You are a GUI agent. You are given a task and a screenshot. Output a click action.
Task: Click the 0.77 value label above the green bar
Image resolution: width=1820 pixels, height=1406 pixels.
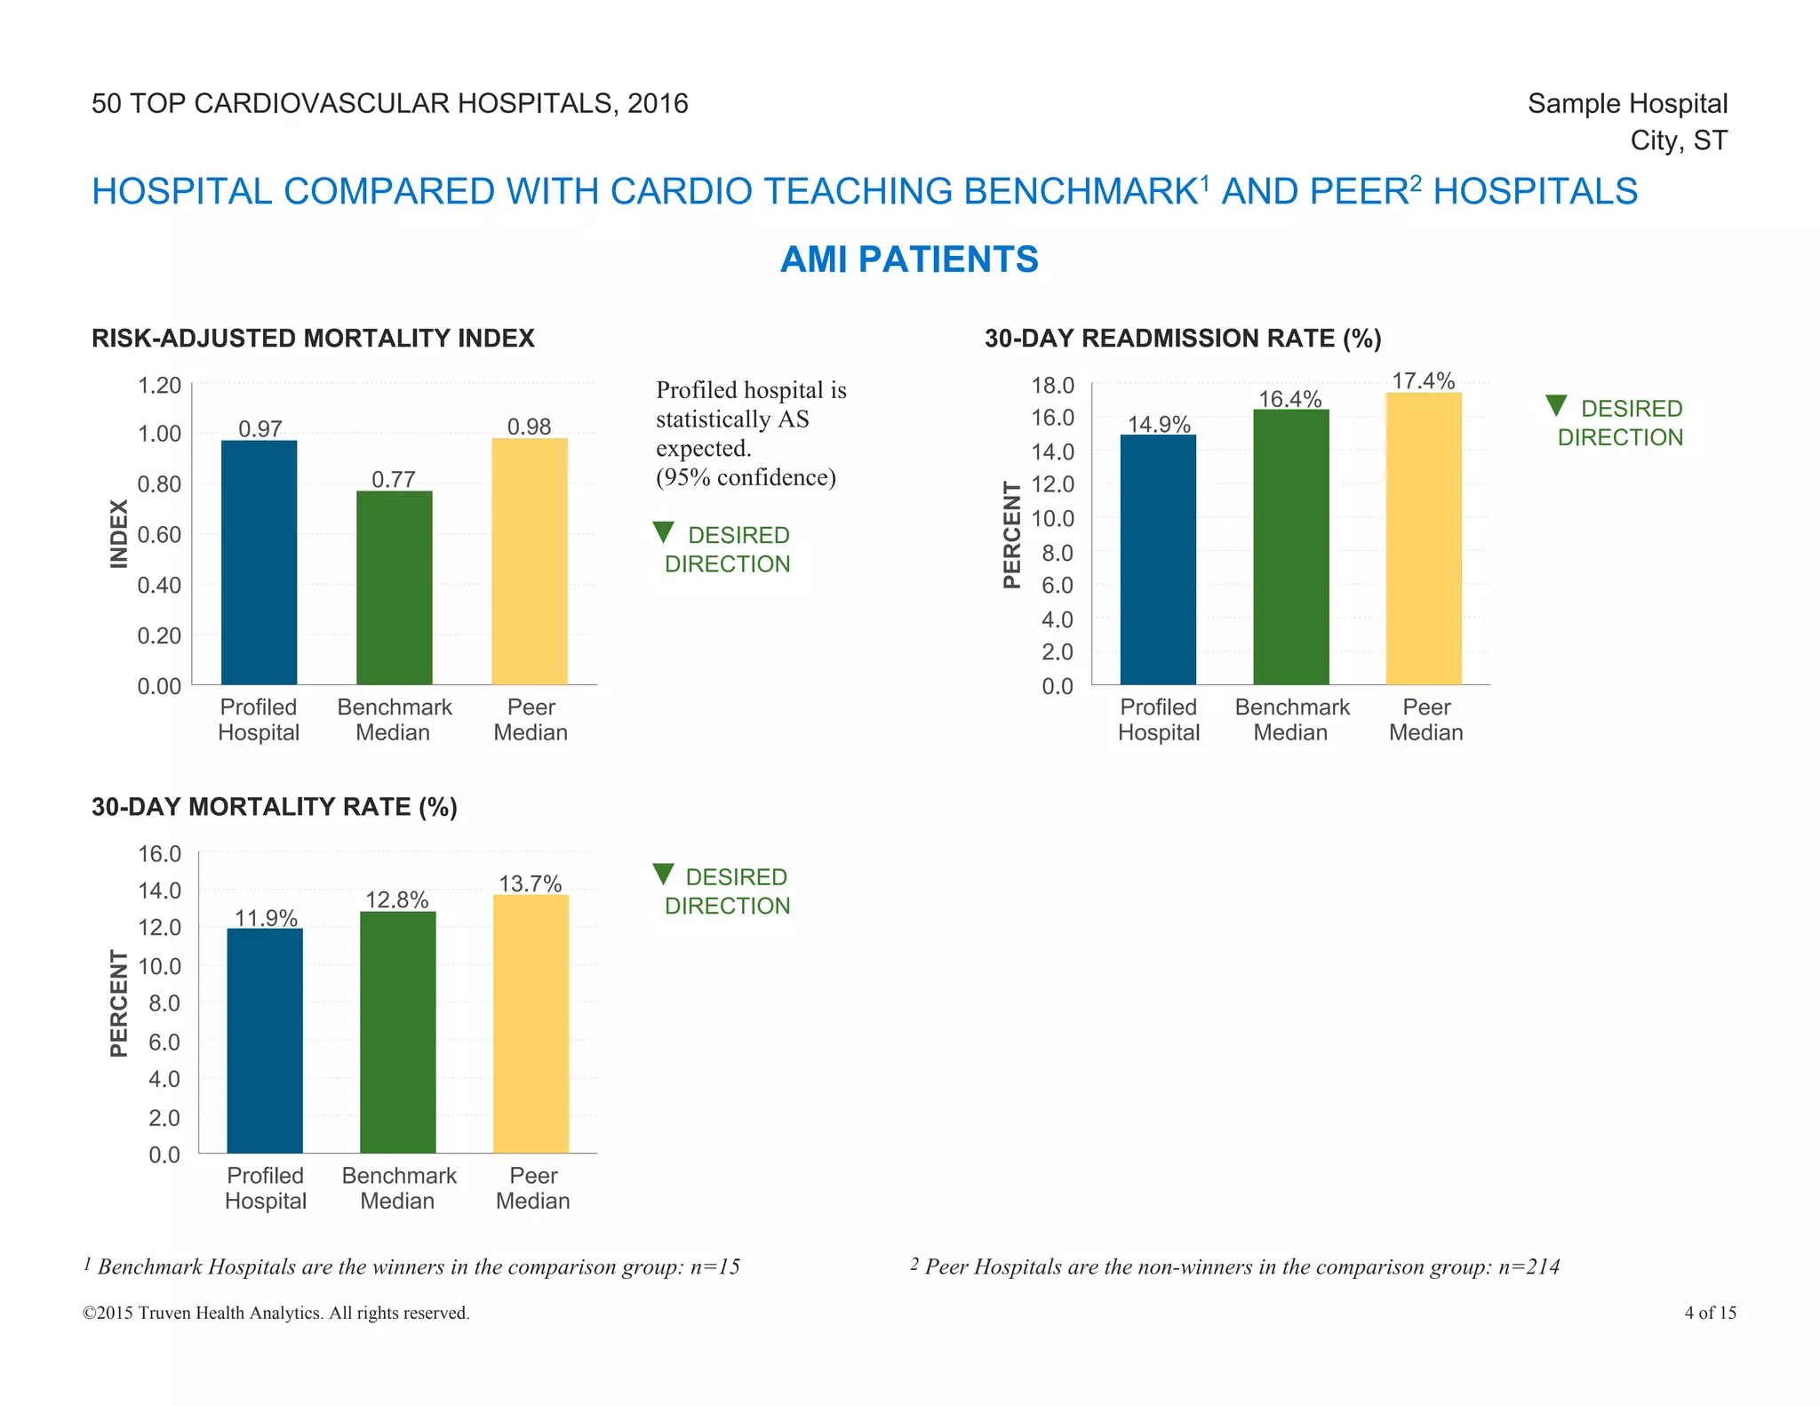(394, 480)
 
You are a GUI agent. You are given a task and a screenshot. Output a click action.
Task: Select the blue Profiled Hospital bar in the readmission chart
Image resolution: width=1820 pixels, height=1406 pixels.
(1158, 560)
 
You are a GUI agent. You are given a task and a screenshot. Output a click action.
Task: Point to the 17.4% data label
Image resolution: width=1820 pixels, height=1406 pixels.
(1423, 381)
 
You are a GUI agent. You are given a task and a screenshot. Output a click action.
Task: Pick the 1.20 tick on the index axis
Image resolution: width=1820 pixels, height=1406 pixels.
(159, 386)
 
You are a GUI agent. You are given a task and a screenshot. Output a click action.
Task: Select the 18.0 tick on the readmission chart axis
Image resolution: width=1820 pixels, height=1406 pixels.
(1052, 386)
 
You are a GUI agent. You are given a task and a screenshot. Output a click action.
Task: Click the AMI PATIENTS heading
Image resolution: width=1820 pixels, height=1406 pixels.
(909, 260)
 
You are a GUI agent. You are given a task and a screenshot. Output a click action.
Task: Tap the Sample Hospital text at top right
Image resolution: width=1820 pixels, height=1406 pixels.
(1627, 104)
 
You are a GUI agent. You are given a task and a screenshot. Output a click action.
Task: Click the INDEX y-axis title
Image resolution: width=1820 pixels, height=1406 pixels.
(119, 533)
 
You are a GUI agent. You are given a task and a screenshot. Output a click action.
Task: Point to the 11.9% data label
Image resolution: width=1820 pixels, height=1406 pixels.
(266, 918)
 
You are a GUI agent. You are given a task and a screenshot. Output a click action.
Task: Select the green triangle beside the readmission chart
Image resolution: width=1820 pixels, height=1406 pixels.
(1556, 406)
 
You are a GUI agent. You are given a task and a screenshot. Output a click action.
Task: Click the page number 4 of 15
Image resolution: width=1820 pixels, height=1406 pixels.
(1710, 1313)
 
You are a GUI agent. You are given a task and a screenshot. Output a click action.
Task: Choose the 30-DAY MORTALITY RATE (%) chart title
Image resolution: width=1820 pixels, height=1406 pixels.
(275, 807)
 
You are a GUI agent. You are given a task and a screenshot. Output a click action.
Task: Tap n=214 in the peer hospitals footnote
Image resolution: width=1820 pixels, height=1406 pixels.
(1529, 1266)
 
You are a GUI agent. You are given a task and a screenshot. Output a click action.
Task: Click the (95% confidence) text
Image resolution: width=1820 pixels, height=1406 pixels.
(746, 478)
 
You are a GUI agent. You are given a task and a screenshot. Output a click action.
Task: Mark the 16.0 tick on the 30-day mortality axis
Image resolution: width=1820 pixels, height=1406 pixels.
(159, 854)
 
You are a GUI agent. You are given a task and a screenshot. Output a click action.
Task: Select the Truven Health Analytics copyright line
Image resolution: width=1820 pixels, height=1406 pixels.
(276, 1313)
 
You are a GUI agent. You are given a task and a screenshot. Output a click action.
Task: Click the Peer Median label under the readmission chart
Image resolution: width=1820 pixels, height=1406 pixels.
(1425, 720)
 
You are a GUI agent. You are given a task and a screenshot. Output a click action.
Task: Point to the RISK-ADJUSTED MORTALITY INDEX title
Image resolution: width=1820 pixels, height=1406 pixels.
(313, 339)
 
